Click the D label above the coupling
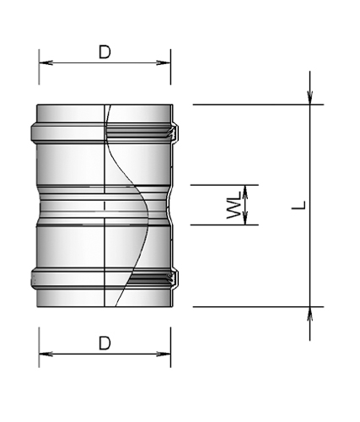(x=105, y=51)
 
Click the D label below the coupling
(x=105, y=343)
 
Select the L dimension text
(x=299, y=205)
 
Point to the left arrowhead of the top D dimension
(x=45, y=62)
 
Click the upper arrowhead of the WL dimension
(x=244, y=190)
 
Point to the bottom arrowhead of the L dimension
(x=310, y=313)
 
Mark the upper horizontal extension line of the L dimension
(x=253, y=105)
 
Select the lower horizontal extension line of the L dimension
(x=253, y=306)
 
